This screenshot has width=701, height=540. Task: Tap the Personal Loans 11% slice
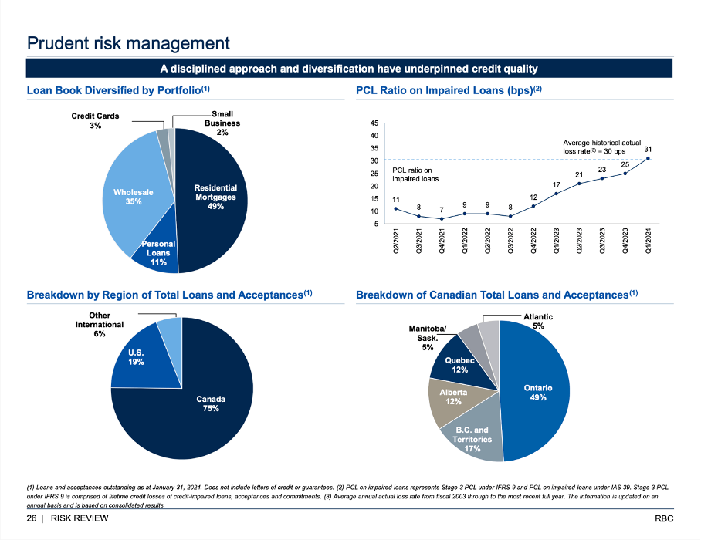(158, 253)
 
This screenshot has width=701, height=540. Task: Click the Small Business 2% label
(222, 123)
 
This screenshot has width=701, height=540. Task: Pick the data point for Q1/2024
(648, 159)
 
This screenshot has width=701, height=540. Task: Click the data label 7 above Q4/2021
(441, 209)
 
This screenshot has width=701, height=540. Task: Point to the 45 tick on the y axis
(374, 123)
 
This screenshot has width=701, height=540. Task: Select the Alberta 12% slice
(453, 397)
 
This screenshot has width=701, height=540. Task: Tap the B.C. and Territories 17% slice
(472, 439)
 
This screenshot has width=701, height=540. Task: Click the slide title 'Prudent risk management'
(128, 43)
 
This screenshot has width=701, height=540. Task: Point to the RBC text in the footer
(664, 518)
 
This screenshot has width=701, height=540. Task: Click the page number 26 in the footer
(32, 518)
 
